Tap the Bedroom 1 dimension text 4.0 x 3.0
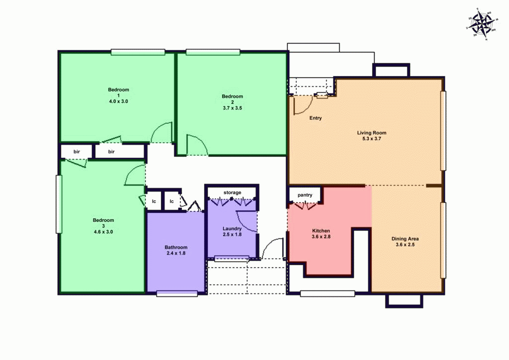click(119, 101)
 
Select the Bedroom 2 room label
click(232, 96)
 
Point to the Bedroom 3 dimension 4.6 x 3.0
click(103, 232)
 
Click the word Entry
click(316, 118)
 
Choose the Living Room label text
click(371, 133)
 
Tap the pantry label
click(305, 195)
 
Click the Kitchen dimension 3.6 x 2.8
click(321, 237)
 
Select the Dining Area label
click(407, 239)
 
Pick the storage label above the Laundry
click(232, 192)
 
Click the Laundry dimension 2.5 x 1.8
click(232, 235)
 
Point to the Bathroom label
click(176, 247)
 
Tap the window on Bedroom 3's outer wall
click(59, 204)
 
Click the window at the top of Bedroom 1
click(138, 52)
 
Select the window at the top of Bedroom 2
click(213, 52)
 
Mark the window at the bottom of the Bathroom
click(177, 294)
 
